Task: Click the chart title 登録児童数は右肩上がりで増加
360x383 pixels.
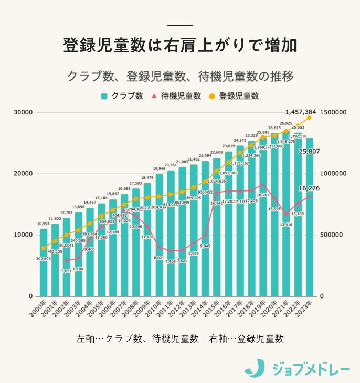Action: click(x=179, y=45)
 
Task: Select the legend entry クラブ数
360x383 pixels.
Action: click(x=122, y=96)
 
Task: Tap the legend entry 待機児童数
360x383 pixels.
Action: click(x=176, y=96)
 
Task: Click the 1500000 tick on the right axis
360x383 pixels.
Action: click(x=333, y=112)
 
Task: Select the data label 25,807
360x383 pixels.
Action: click(x=310, y=152)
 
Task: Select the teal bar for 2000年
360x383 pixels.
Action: click(x=44, y=262)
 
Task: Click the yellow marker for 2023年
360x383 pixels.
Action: click(x=309, y=118)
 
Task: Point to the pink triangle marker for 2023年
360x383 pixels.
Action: click(x=309, y=196)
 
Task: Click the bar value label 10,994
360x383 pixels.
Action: click(x=44, y=224)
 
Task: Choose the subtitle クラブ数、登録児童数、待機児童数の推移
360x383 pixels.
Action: click(x=179, y=76)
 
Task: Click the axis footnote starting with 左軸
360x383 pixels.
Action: click(x=179, y=338)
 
